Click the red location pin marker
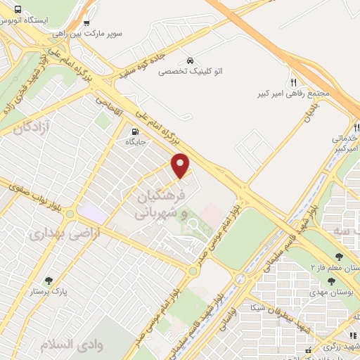tap(181, 165)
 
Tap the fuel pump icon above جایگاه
tap(134, 131)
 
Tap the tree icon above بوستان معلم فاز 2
tap(339, 257)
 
